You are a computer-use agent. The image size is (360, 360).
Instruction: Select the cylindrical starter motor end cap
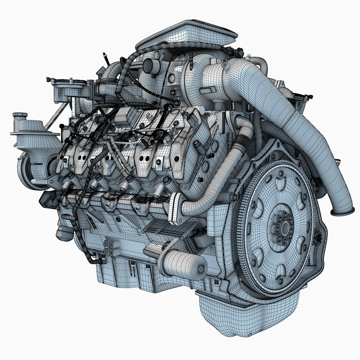coord(200,268)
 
